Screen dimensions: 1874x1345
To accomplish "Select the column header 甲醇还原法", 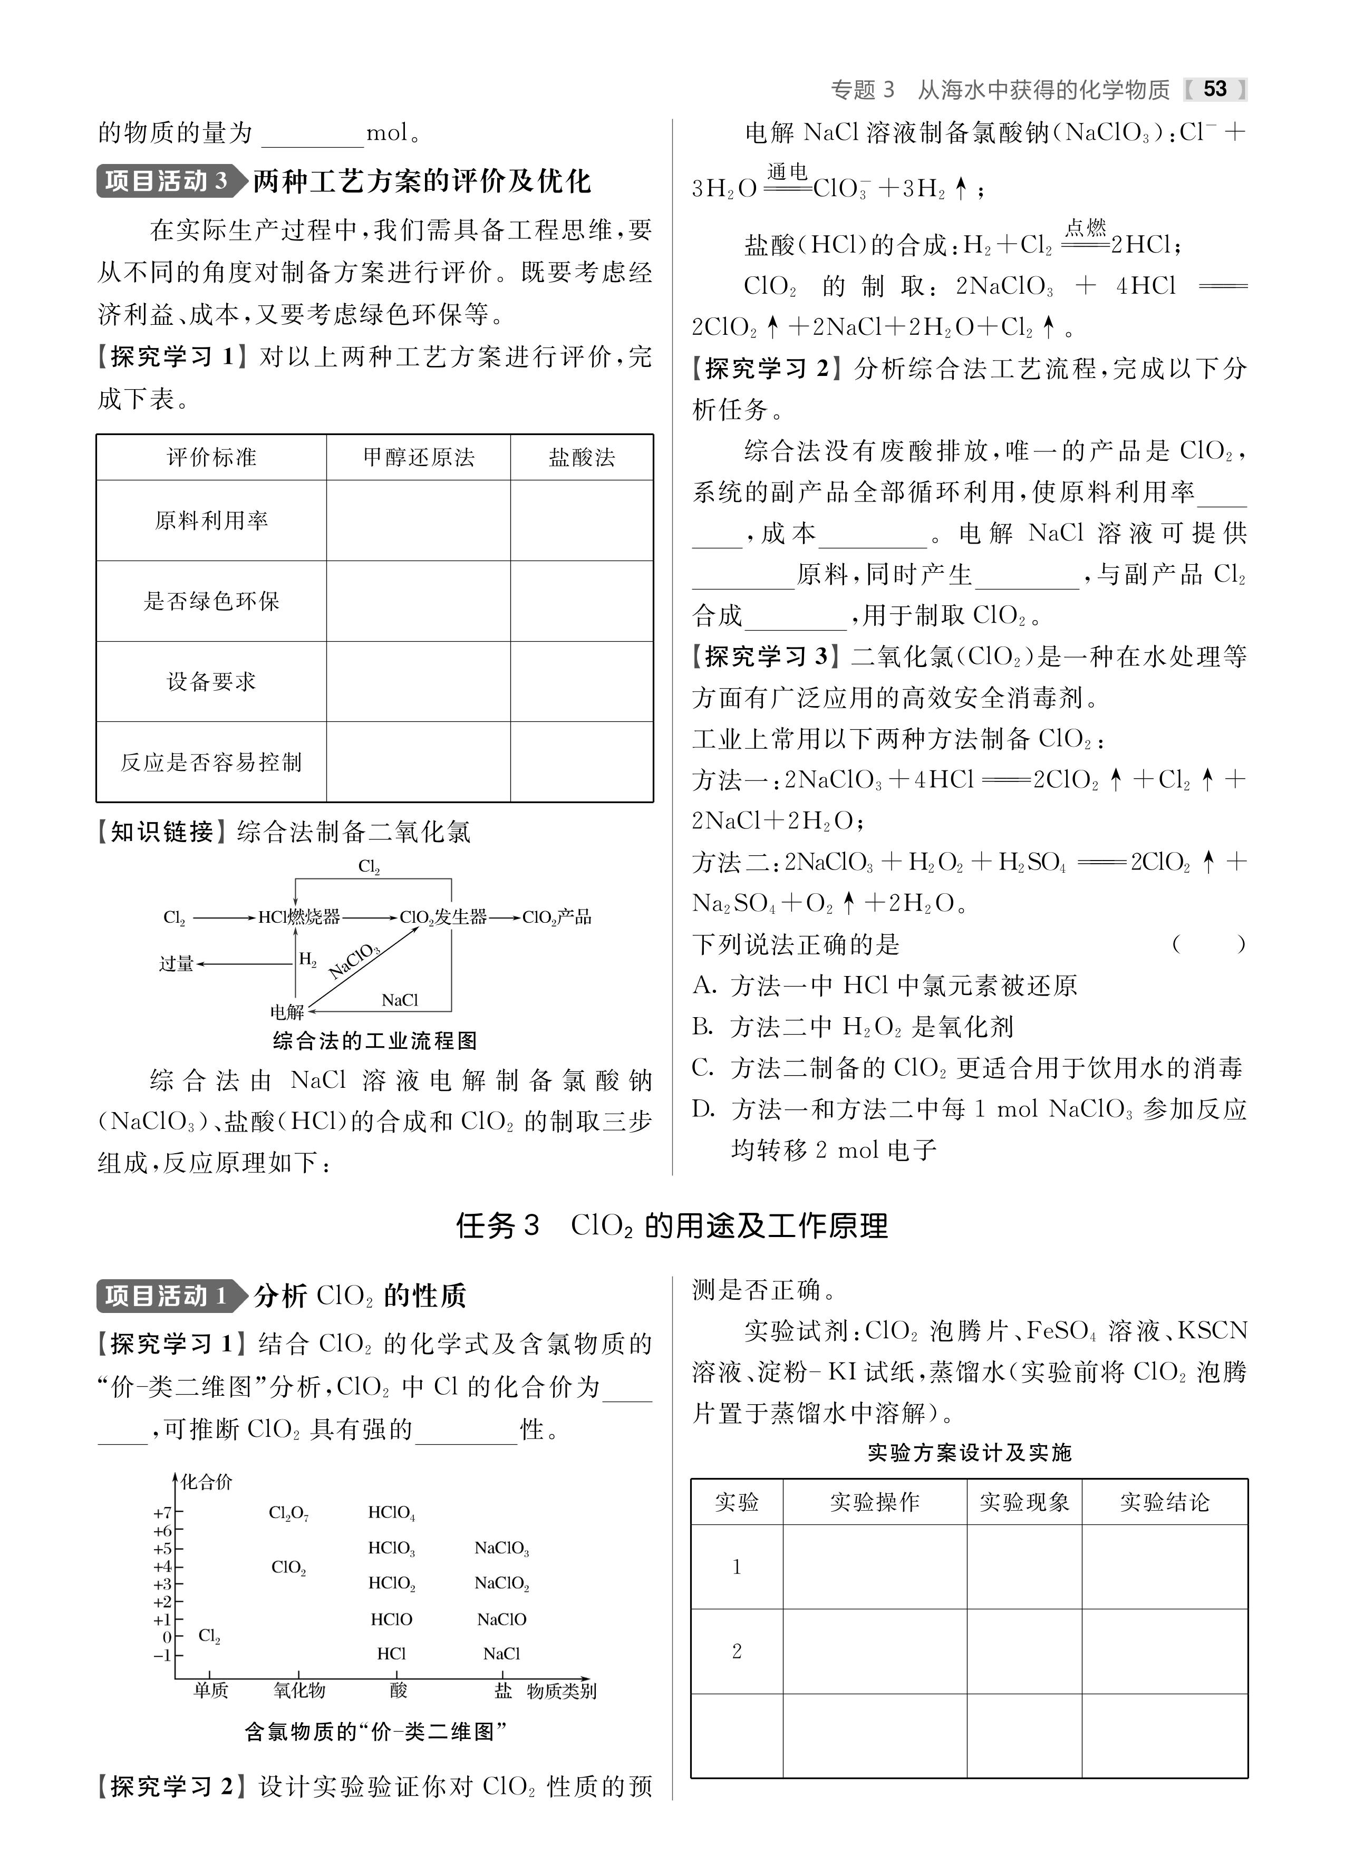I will tap(418, 458).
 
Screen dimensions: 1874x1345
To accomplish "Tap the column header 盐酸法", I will tap(582, 458).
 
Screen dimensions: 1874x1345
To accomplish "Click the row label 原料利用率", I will tap(211, 520).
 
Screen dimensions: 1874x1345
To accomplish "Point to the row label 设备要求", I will tap(211, 682).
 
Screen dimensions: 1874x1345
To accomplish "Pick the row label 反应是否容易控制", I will tap(211, 762).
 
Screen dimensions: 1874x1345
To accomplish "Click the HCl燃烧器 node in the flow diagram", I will tap(299, 917).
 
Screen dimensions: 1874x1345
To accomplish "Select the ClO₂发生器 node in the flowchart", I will tap(443, 917).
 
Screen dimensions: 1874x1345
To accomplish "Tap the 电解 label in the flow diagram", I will tap(287, 1011).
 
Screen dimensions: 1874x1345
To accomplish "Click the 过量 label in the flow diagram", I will tap(176, 963).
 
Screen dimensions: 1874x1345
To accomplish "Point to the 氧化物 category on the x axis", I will tap(299, 1691).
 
